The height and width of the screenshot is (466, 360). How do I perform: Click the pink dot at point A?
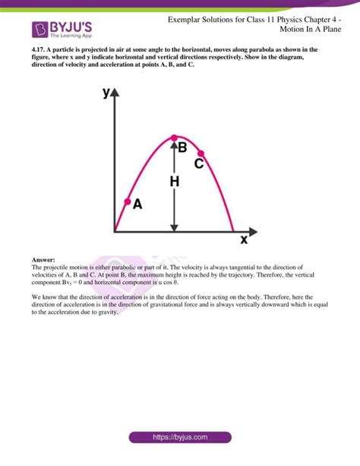[x=127, y=202]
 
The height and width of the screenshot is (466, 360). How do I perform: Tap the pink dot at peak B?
[x=175, y=138]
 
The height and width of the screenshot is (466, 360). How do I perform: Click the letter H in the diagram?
[x=174, y=182]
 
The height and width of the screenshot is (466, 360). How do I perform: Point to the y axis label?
[x=106, y=94]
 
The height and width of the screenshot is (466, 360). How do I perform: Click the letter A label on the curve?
[x=137, y=204]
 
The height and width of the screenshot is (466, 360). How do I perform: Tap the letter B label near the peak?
[x=182, y=148]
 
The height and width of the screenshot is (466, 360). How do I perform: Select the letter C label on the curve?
[x=199, y=163]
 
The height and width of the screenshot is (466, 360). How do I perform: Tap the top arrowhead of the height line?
[x=175, y=144]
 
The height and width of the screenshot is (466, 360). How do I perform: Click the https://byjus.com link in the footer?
[x=181, y=437]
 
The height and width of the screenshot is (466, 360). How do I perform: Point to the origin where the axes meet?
[x=114, y=230]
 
